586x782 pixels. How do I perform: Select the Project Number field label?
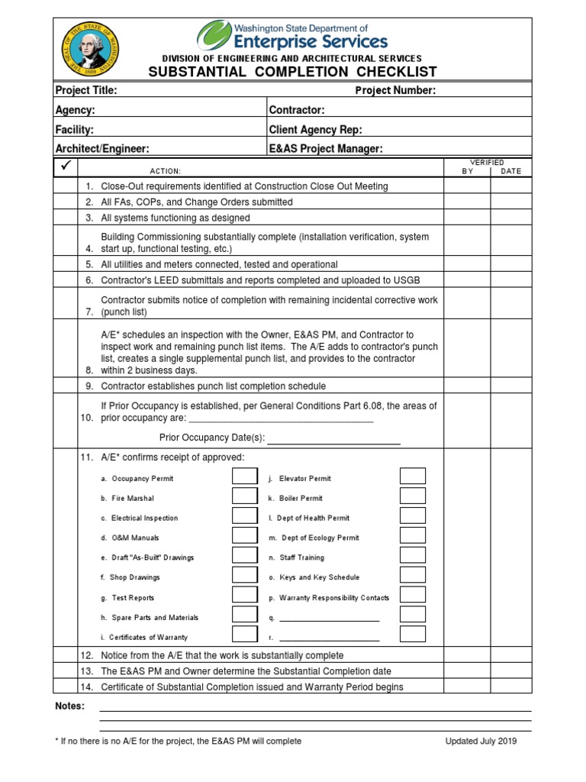(395, 91)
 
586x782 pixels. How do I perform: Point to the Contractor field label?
(297, 111)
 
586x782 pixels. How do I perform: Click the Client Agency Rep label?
(315, 130)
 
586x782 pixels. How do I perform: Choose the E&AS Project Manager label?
(326, 149)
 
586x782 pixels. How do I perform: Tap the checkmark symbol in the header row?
(66, 166)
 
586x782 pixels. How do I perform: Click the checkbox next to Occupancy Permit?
(245, 477)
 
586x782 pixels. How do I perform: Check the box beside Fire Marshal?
(245, 497)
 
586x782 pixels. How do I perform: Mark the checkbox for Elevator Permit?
(413, 477)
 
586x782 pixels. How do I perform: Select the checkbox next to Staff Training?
(413, 557)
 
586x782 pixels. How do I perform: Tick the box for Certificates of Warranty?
(245, 635)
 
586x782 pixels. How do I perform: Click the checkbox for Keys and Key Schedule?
(413, 577)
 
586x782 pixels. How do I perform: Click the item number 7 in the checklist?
(89, 312)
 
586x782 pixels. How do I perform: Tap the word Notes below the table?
(70, 706)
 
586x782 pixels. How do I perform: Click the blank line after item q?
(330, 619)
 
